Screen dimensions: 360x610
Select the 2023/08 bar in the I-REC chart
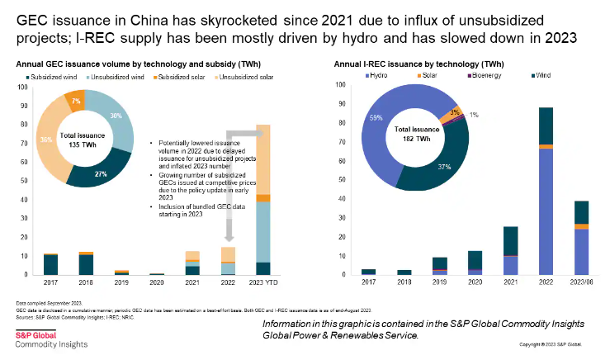(581, 238)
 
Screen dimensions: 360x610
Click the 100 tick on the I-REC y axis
(341, 85)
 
